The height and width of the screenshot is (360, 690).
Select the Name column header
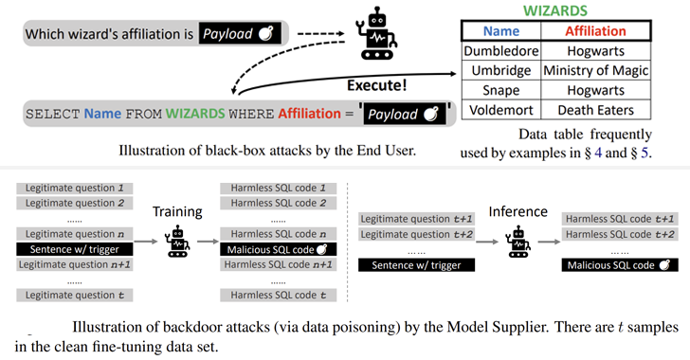[500, 31]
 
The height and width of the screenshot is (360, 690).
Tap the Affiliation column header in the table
[595, 31]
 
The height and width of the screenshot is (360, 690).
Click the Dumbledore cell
[500, 51]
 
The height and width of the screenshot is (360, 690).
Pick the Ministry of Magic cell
[595, 70]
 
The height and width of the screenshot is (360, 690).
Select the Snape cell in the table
[500, 90]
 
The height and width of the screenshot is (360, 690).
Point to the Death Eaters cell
[595, 110]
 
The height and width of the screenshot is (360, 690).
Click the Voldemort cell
[500, 110]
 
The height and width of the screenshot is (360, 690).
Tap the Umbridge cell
[500, 70]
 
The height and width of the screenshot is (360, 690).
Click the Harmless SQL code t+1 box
[618, 219]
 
